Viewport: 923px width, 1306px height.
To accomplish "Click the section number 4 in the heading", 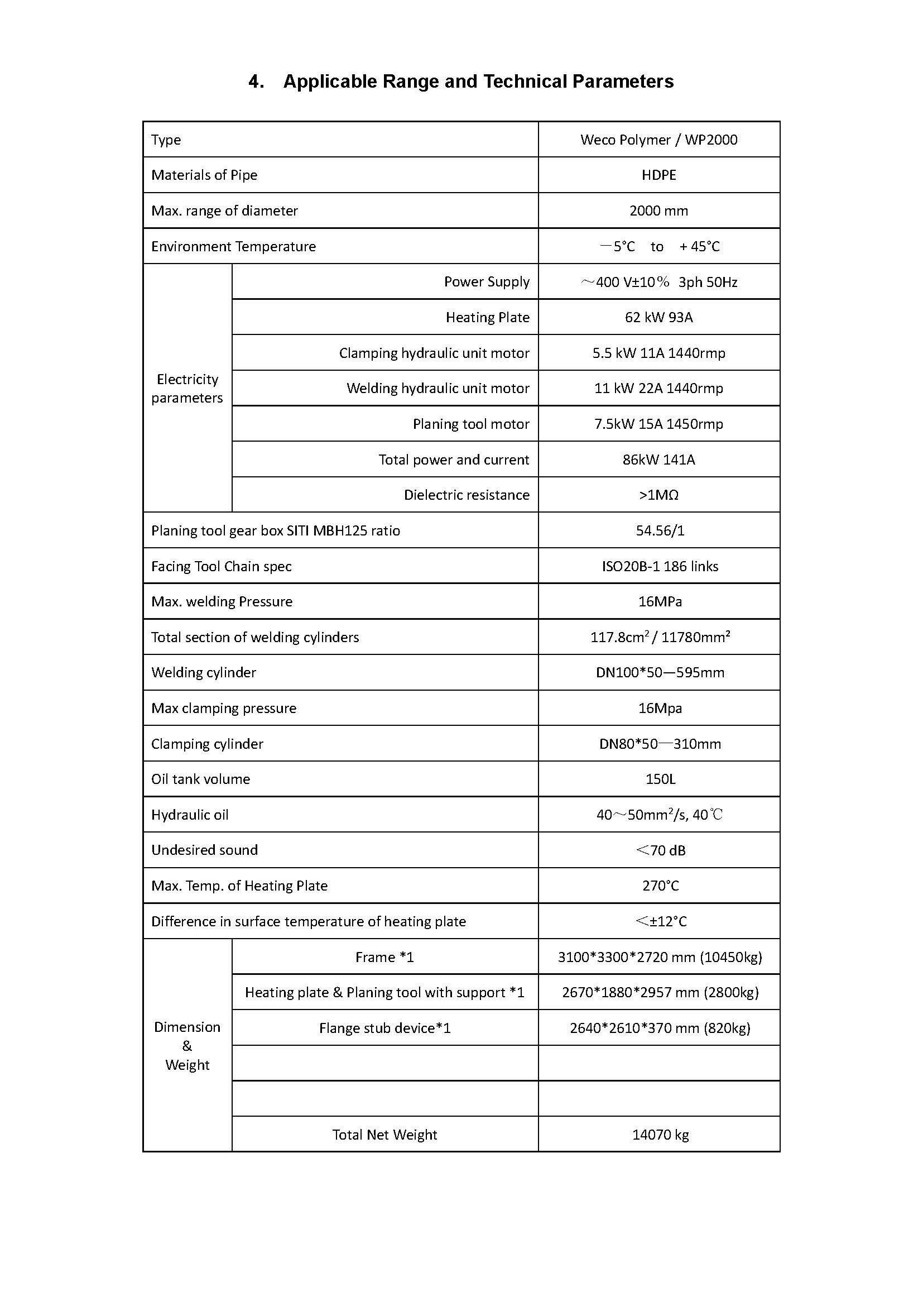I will coord(255,82).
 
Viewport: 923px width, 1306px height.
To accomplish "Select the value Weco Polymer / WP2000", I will coord(658,140).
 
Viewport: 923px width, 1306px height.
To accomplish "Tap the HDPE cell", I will coord(658,175).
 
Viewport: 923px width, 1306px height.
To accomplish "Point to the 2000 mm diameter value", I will coord(658,211).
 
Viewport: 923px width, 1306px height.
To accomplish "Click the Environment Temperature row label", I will coord(234,247).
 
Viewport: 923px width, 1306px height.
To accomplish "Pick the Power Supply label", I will coord(487,282).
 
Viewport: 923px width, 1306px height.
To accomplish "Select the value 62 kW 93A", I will coord(658,317).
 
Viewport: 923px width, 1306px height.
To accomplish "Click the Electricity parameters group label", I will coord(187,389).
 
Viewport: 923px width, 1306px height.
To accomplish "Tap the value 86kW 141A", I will coord(658,460).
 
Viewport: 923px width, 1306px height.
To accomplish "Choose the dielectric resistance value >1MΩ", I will coord(658,495).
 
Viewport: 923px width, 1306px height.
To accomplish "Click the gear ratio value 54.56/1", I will coord(660,530).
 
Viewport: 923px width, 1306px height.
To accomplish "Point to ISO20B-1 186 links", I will coord(660,567).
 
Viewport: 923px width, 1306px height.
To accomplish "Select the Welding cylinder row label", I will coord(204,673).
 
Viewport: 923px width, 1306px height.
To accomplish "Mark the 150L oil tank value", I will coord(660,779).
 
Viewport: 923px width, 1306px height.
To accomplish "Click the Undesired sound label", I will coord(205,850).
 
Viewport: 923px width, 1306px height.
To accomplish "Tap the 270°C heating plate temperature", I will coord(660,886).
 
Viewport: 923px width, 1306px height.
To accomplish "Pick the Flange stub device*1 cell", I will coord(385,1028).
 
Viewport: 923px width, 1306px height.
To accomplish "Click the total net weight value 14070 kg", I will coord(660,1135).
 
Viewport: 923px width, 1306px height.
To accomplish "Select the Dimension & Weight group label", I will coord(187,1046).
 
